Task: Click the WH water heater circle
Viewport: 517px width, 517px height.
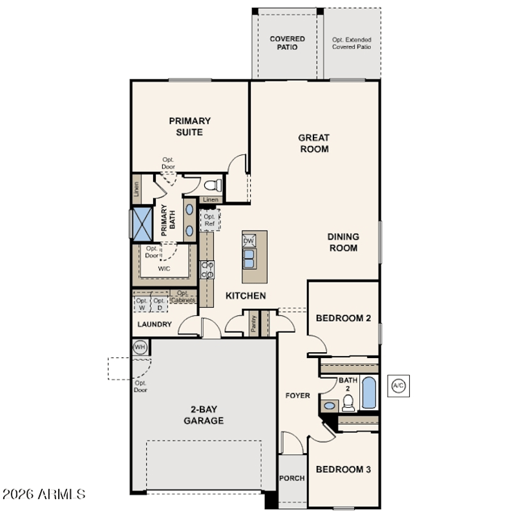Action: (140, 347)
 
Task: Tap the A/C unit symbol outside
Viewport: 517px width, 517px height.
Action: (398, 386)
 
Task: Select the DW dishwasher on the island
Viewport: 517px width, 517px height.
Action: (249, 240)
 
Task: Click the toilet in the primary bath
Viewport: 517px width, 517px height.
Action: (213, 185)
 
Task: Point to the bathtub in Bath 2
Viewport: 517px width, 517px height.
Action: (368, 392)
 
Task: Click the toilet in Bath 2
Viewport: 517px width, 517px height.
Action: (348, 403)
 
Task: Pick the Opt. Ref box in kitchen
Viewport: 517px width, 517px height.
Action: (209, 220)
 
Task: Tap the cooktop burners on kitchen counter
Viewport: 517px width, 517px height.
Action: (207, 269)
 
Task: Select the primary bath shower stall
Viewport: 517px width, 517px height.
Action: (142, 224)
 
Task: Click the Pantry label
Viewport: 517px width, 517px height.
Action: (253, 324)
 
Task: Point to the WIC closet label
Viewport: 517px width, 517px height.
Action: (164, 269)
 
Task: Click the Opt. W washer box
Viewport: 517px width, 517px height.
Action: (142, 304)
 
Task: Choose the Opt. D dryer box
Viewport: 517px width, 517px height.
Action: (159, 304)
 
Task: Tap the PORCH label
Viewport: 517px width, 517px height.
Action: (292, 478)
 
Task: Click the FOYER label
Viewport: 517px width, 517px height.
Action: (297, 396)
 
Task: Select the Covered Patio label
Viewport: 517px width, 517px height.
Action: (287, 43)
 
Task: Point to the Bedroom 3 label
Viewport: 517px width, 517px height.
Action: (343, 469)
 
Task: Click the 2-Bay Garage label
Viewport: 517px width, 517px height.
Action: (204, 415)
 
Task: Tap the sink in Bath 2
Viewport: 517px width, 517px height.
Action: (330, 406)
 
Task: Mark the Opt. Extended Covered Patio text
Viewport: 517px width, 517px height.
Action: (352, 43)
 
